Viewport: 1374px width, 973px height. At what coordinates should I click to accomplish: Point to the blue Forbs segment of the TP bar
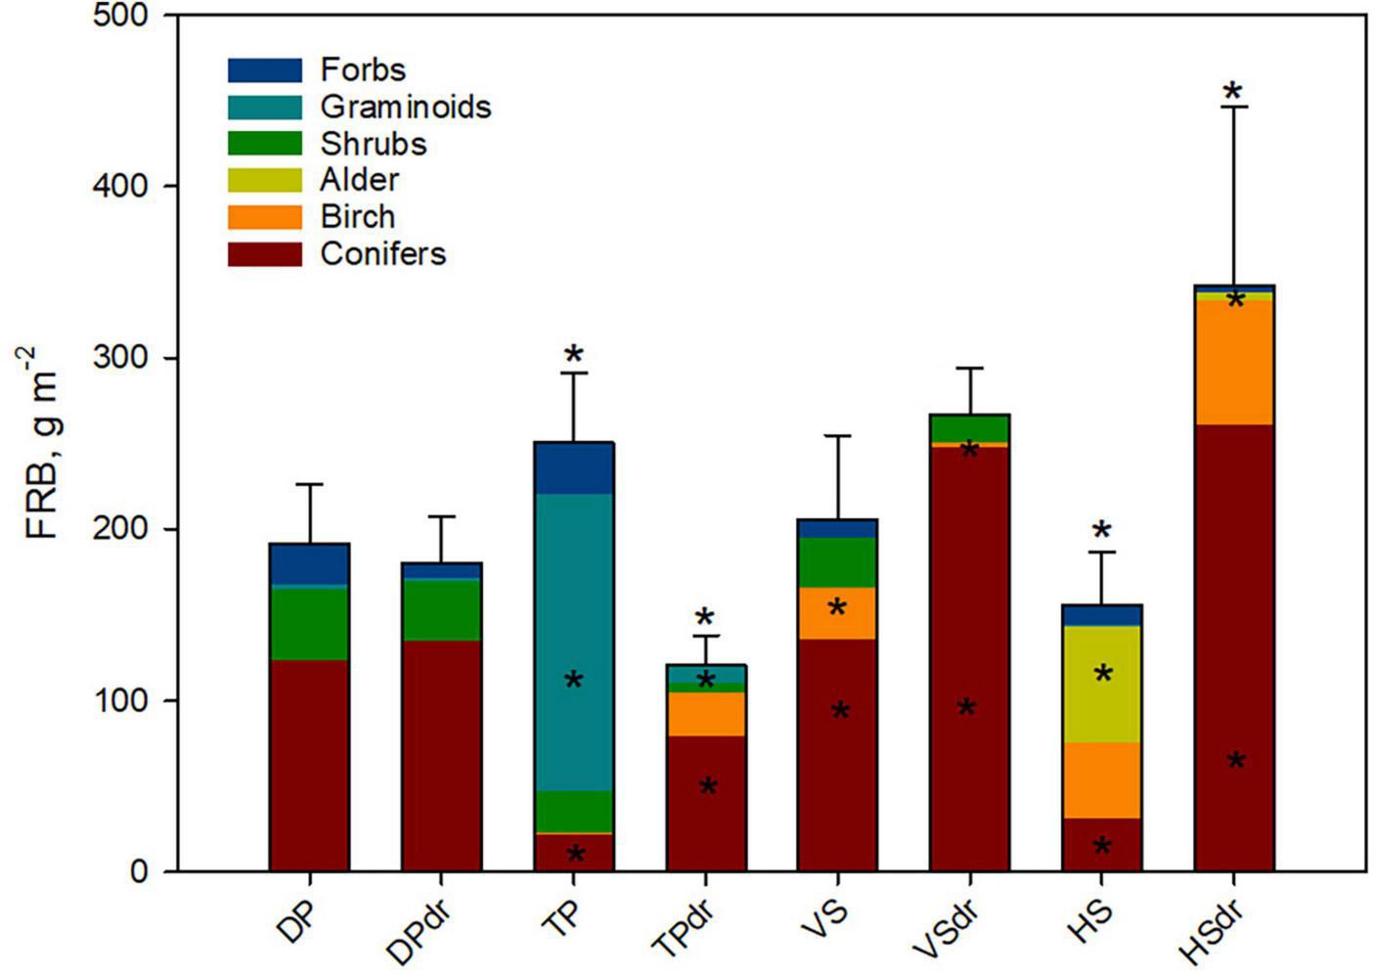pyautogui.click(x=573, y=468)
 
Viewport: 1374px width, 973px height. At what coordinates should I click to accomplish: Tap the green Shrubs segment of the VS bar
pyautogui.click(x=837, y=562)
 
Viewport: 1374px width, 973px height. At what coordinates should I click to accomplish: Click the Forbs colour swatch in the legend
pyautogui.click(x=264, y=70)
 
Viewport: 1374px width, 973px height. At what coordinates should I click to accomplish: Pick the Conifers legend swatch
pyautogui.click(x=264, y=254)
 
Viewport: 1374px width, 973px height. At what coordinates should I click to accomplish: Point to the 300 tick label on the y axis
pyautogui.click(x=121, y=358)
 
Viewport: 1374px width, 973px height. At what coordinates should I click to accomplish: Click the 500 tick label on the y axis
pyautogui.click(x=121, y=17)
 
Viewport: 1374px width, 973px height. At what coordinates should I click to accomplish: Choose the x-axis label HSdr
pyautogui.click(x=1215, y=930)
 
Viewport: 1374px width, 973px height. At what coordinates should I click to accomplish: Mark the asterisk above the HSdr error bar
pyautogui.click(x=1233, y=93)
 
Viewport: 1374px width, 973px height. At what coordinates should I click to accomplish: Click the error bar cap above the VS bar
pyautogui.click(x=837, y=435)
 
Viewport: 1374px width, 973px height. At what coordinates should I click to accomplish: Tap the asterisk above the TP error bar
pyautogui.click(x=573, y=355)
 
